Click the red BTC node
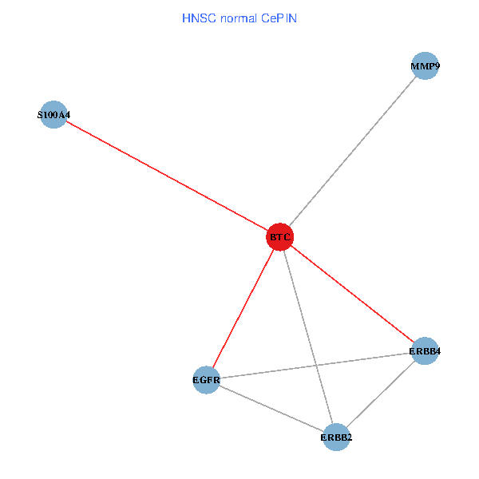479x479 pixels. pyautogui.click(x=279, y=237)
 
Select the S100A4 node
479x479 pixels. pyautogui.click(x=53, y=115)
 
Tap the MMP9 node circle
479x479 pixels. pyautogui.click(x=426, y=66)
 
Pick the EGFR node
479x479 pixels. pyautogui.click(x=206, y=379)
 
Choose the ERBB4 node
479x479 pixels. pyautogui.click(x=425, y=350)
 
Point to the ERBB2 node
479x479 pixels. pyautogui.click(x=336, y=437)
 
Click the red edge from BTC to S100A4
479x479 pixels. pyautogui.click(x=166, y=176)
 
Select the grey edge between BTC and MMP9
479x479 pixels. pyautogui.click(x=353, y=152)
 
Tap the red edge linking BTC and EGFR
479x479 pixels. pyautogui.click(x=243, y=308)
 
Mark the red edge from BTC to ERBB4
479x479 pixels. pyautogui.click(x=352, y=294)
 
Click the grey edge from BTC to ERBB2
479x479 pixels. pyautogui.click(x=307, y=337)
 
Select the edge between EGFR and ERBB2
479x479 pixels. pyautogui.click(x=271, y=408)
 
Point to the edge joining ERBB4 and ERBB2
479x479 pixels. pyautogui.click(x=381, y=394)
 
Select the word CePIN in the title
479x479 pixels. pyautogui.click(x=276, y=18)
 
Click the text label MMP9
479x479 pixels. pyautogui.click(x=426, y=66)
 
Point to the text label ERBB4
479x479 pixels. pyautogui.click(x=425, y=350)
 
